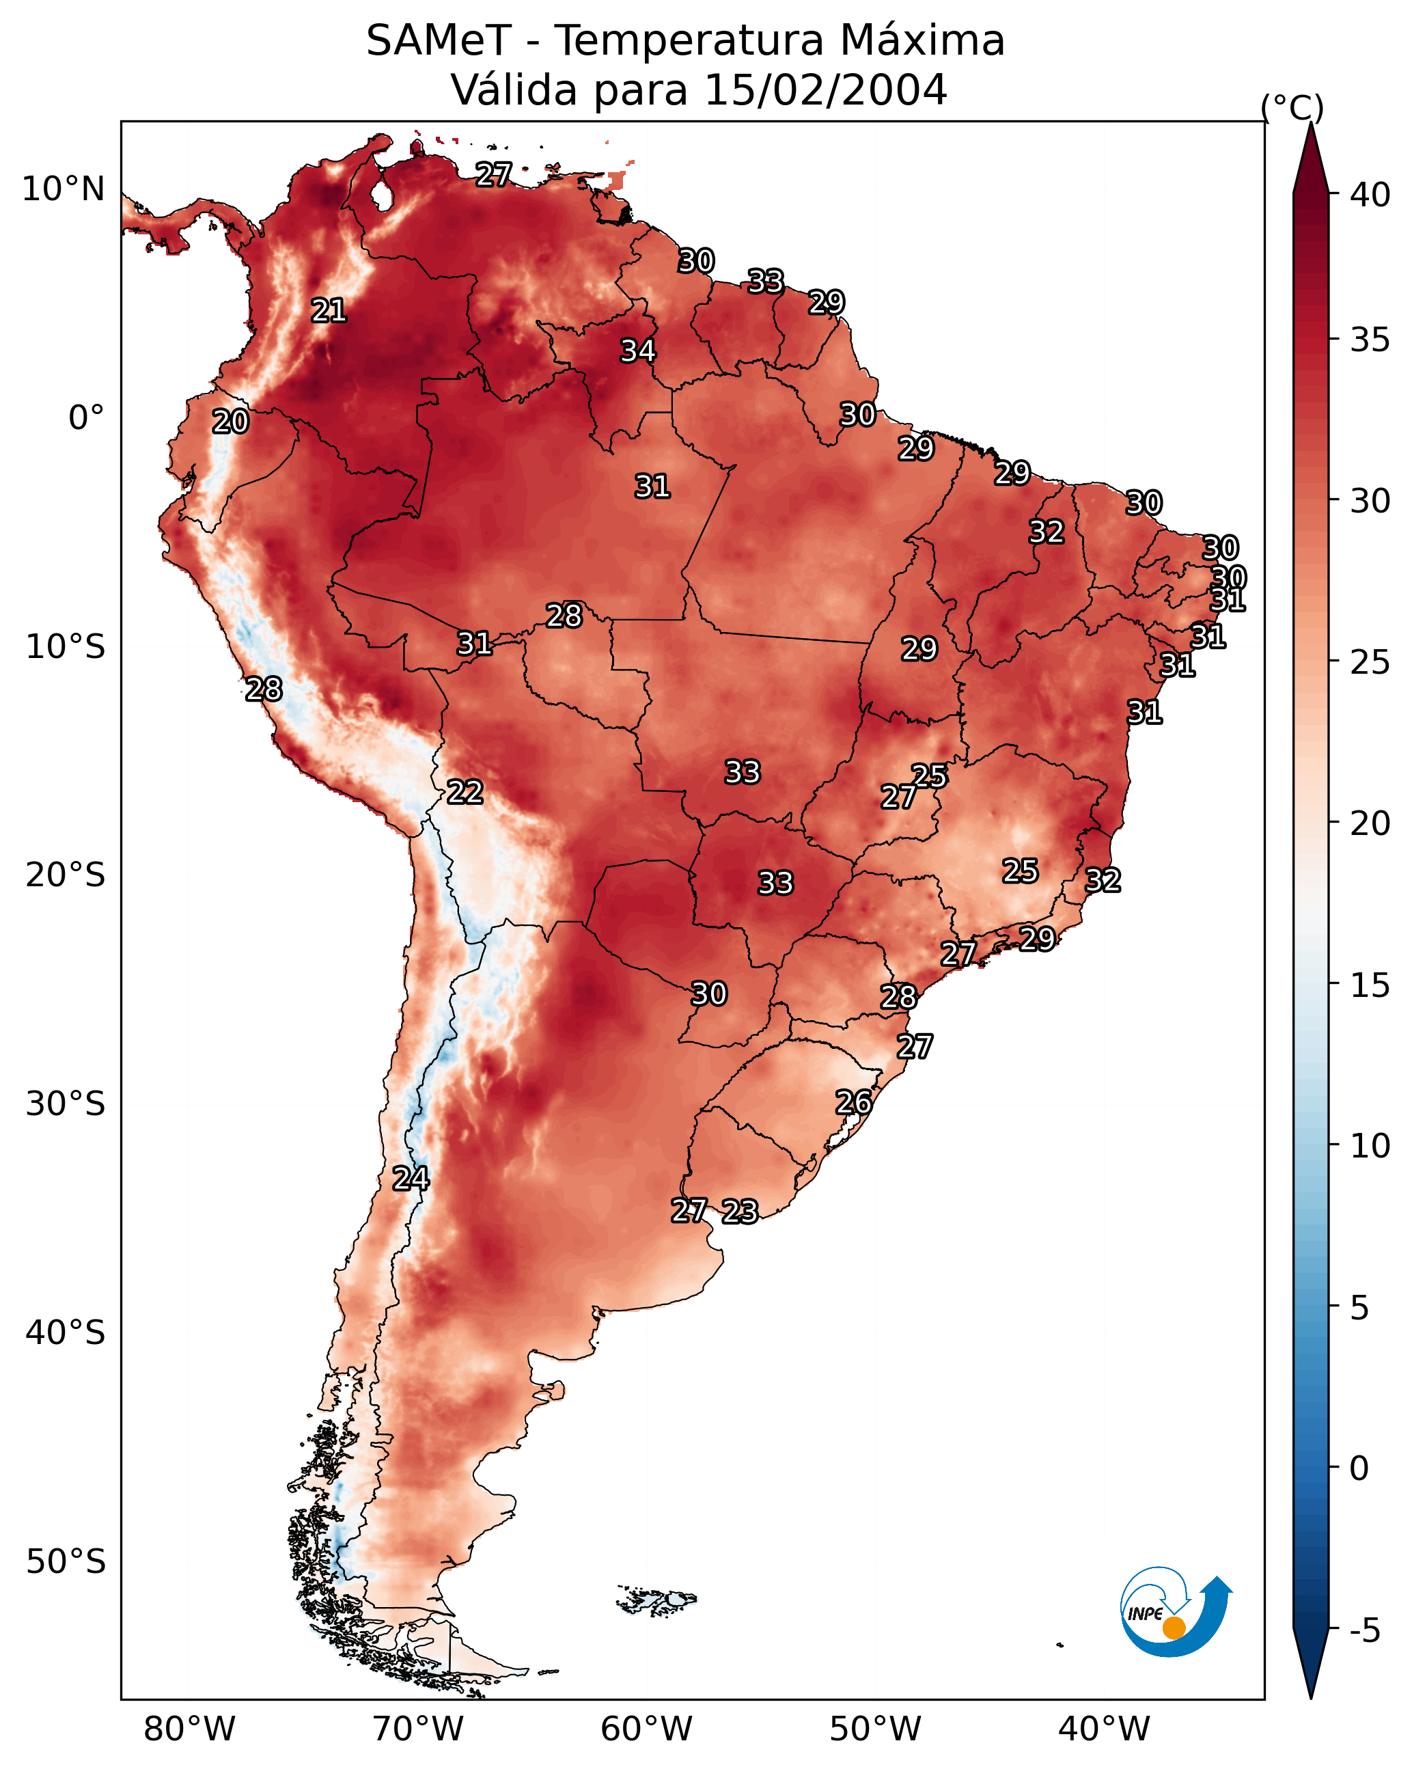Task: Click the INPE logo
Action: coord(1176,1614)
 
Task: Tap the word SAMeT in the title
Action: coord(439,41)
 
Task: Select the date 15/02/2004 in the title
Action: coord(825,90)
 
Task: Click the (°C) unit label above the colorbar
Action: coord(1292,107)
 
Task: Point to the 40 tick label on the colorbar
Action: coord(1370,195)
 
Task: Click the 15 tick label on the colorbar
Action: coord(1370,985)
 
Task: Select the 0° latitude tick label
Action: coord(87,418)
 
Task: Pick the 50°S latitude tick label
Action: coord(66,1562)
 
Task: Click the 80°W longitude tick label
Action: coord(189,1729)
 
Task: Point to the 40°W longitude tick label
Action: coord(1104,1729)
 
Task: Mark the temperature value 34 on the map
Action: coord(637,351)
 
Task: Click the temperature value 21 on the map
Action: coord(329,311)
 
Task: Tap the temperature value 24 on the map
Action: coord(411,1179)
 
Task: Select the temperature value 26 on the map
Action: coord(854,1102)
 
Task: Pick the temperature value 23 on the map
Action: coord(740,1211)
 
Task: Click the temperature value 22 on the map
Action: coord(465,792)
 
